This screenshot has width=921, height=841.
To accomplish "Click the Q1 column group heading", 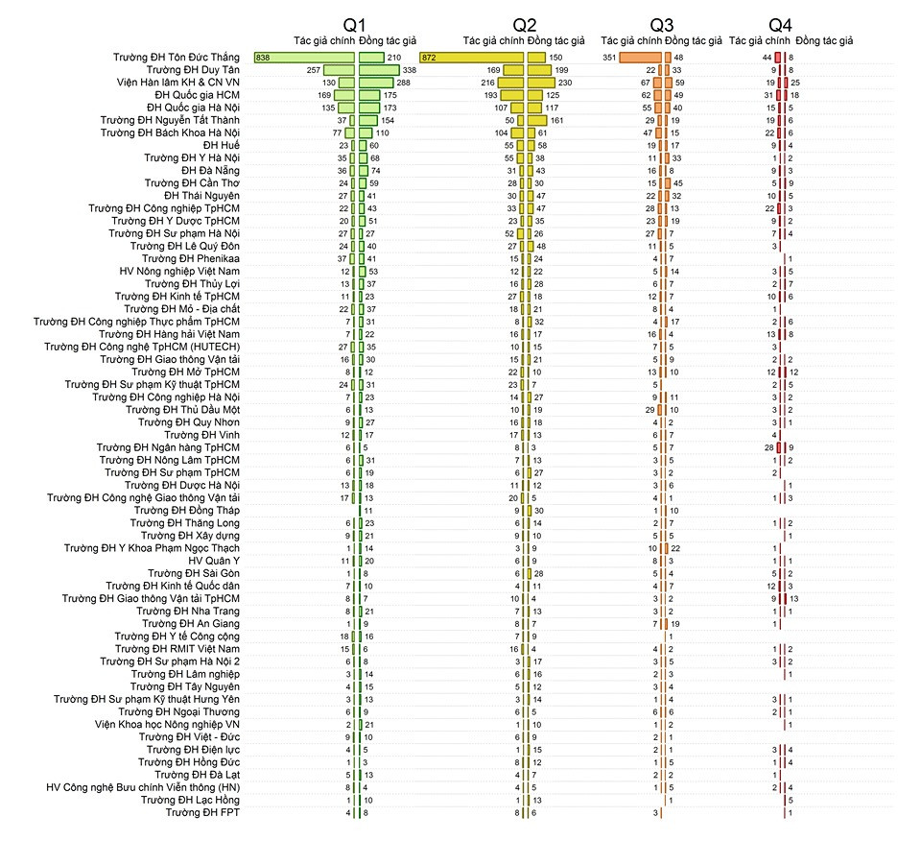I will (354, 24).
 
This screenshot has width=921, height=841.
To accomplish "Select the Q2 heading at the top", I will (524, 24).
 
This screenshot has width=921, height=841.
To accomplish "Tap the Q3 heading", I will (662, 24).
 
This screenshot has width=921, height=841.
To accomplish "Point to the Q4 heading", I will (781, 24).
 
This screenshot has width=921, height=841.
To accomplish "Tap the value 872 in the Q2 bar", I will (429, 59).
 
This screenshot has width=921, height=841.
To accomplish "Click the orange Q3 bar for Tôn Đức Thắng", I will (640, 59).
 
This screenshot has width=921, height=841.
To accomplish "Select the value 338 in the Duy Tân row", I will (409, 71).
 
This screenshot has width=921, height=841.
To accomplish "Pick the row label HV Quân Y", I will (214, 560).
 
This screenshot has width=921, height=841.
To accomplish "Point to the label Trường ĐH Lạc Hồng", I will (190, 800).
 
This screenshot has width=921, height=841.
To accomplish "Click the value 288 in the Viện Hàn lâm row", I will (403, 84).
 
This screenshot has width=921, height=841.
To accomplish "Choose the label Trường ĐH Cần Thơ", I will (192, 182).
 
